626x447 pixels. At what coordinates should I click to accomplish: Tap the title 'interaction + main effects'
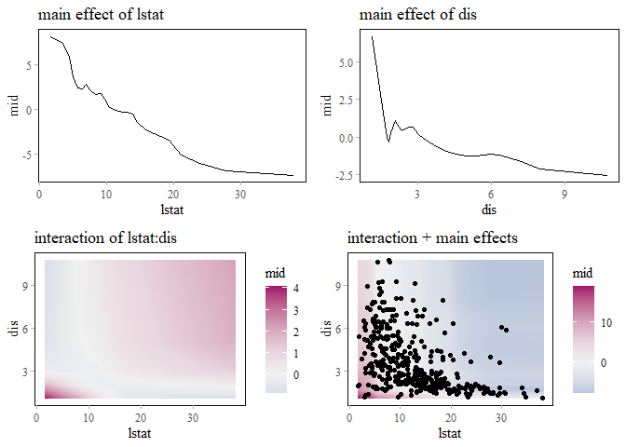432,238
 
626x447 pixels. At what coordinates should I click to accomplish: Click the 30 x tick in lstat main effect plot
240,195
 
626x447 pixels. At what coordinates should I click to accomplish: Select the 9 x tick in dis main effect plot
565,195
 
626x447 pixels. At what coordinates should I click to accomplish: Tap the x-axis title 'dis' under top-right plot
489,209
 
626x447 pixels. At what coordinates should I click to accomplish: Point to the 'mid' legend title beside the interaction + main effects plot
583,275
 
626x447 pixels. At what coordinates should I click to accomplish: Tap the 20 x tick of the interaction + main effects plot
451,416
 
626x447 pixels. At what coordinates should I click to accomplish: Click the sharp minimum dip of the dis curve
388,142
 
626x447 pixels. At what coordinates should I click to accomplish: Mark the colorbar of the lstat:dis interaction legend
277,340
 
